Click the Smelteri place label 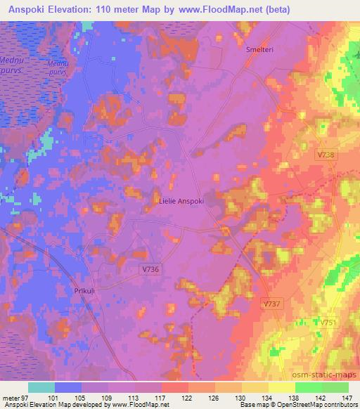click(x=259, y=51)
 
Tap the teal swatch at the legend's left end click(x=41, y=387)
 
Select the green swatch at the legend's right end click(x=335, y=387)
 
